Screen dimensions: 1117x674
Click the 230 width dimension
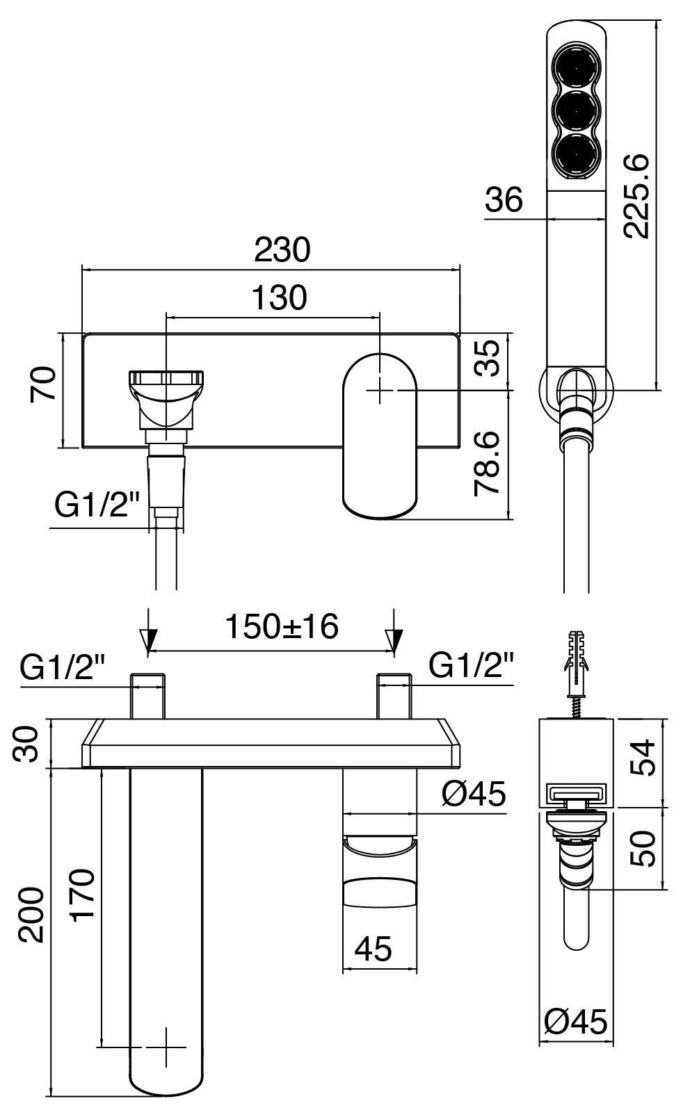click(x=282, y=250)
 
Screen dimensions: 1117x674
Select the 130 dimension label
click(x=278, y=297)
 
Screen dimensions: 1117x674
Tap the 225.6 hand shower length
click(x=636, y=197)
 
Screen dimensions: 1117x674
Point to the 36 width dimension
click(x=504, y=201)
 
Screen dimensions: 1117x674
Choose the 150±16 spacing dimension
click(x=281, y=627)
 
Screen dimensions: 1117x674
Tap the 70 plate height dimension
click(x=43, y=384)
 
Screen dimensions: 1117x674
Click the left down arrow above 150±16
click(x=148, y=631)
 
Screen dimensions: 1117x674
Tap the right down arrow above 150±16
click(x=394, y=631)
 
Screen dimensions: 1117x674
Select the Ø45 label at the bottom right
click(x=576, y=1022)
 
